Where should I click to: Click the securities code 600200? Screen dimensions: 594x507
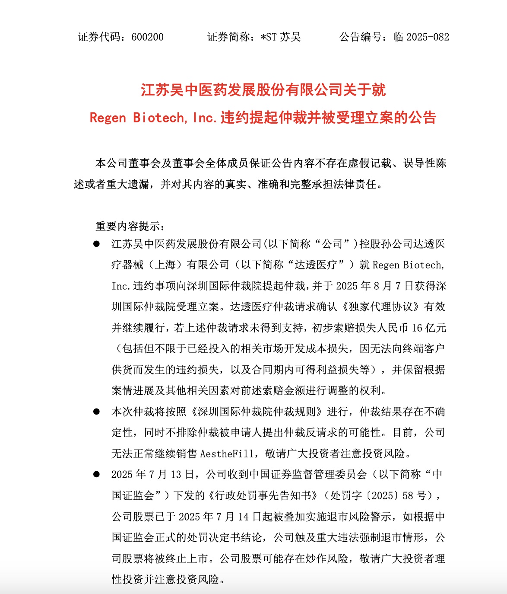(x=147, y=37)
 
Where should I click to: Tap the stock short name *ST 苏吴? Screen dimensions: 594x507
(x=281, y=37)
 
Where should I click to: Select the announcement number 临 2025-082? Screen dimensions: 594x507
(x=421, y=37)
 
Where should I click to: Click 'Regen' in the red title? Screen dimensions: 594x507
(x=108, y=118)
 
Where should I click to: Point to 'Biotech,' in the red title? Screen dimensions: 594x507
(x=160, y=118)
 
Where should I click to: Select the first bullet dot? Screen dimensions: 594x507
(x=96, y=244)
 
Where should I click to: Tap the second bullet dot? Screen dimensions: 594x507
(x=96, y=412)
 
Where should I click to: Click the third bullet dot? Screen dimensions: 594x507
(x=96, y=474)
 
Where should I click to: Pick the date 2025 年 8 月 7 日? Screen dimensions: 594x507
(x=375, y=286)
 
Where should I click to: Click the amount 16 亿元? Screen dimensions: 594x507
(x=429, y=328)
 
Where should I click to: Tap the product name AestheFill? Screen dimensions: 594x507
(x=227, y=453)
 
